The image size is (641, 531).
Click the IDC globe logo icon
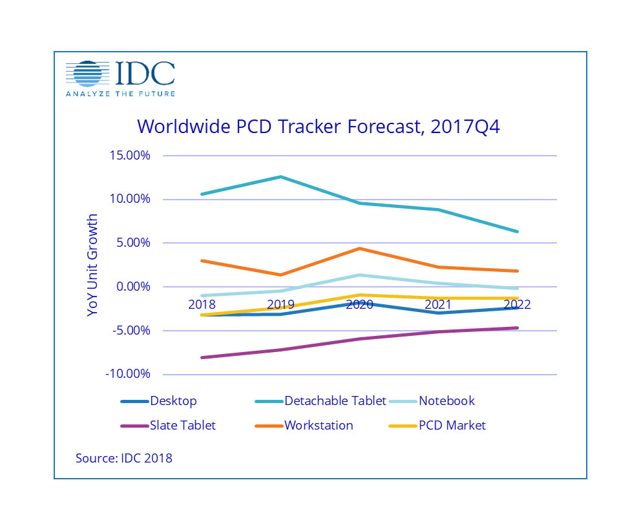[x=87, y=74]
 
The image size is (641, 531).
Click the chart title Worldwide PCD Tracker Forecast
[x=319, y=127]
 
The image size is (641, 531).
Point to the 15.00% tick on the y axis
[x=130, y=155]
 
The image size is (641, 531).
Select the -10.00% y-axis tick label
[x=128, y=374]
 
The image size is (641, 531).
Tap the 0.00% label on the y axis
[x=133, y=287]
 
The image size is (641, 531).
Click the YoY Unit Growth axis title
[x=93, y=265]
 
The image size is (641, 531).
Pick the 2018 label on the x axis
[x=202, y=304]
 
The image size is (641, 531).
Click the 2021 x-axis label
[x=438, y=304]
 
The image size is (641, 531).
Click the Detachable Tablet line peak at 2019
[x=281, y=177]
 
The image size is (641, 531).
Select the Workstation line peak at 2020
[x=360, y=249]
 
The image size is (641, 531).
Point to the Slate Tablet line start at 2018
[x=202, y=358]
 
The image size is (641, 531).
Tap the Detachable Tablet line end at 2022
[x=518, y=232]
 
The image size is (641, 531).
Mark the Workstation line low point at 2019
[x=281, y=275]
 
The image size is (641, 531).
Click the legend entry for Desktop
[x=158, y=401]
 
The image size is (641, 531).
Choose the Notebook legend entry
[x=432, y=401]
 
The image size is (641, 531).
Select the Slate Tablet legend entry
[x=168, y=426]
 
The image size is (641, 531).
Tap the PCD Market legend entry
[x=437, y=426]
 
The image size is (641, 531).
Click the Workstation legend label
[x=319, y=426]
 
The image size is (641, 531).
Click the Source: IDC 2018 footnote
[x=124, y=458]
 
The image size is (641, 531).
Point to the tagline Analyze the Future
[x=121, y=94]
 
